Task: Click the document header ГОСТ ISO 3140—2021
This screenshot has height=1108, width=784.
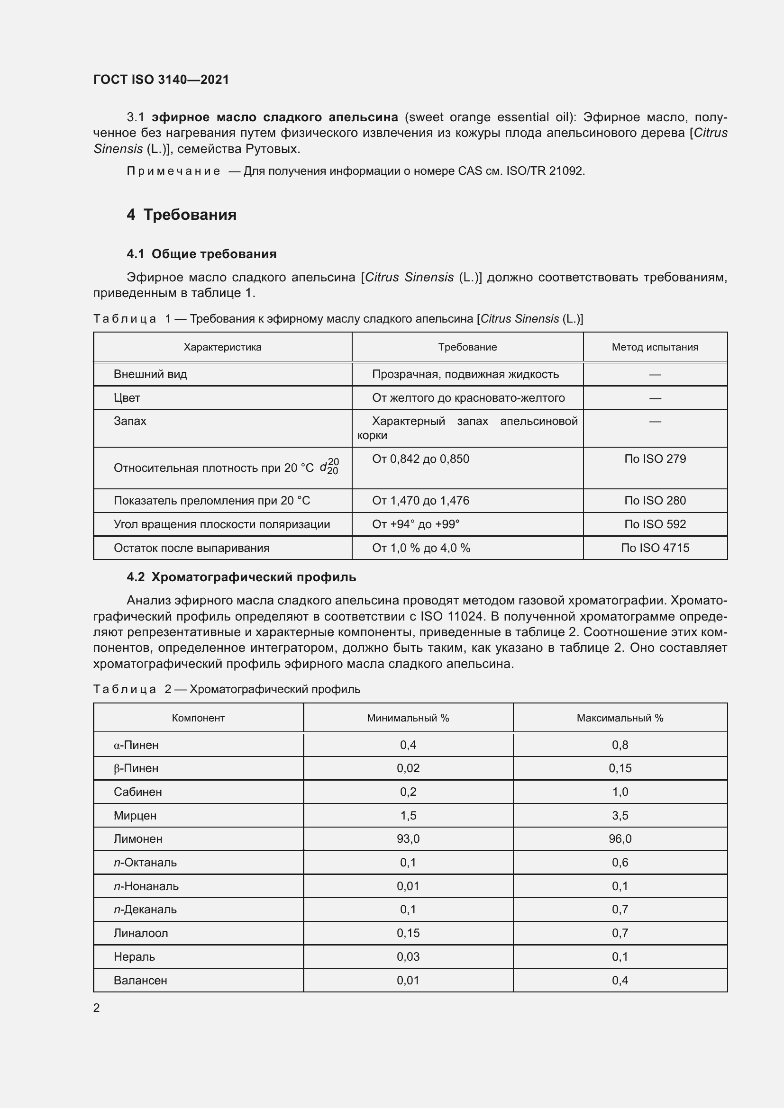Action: (x=161, y=80)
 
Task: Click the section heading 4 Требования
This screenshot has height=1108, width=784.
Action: (x=182, y=214)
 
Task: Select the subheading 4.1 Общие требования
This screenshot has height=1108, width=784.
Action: (x=201, y=254)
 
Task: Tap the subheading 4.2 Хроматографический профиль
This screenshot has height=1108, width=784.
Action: (x=241, y=577)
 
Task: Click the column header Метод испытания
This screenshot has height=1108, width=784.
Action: (x=655, y=347)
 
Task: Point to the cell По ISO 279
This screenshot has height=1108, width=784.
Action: (x=655, y=459)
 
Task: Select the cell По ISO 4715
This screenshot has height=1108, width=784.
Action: (x=655, y=548)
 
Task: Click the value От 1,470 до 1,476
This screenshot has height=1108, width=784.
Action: (x=420, y=500)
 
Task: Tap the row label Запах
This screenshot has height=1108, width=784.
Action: (x=130, y=421)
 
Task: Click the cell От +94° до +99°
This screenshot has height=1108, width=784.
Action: (x=416, y=524)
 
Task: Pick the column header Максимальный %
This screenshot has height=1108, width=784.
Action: (x=620, y=718)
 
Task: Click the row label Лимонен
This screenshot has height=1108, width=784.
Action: (x=138, y=839)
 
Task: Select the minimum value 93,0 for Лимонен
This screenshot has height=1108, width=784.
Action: (x=408, y=839)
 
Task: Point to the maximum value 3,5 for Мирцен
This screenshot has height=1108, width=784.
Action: (x=620, y=816)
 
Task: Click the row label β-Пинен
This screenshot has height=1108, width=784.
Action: (x=136, y=768)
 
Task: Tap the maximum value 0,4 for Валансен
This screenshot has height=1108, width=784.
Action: (x=620, y=980)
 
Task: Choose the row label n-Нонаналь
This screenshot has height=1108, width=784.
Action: (x=146, y=886)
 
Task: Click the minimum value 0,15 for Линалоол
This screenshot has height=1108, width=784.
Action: (x=408, y=933)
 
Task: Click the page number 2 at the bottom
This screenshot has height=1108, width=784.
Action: (x=97, y=1008)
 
